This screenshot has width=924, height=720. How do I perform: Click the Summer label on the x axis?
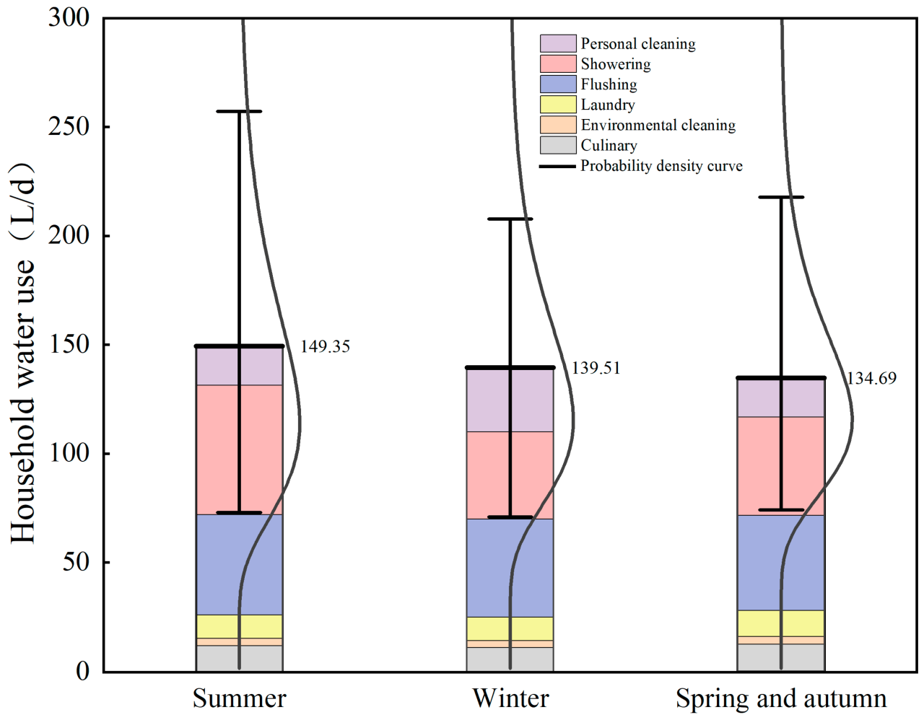pos(239,698)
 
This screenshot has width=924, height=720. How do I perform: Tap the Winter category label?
pos(510,698)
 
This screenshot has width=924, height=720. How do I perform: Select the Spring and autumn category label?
pos(781,698)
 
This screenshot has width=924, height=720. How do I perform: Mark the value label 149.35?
pos(325,346)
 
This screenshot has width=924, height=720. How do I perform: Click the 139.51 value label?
pos(596,368)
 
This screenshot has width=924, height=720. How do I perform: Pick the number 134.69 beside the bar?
pos(871,378)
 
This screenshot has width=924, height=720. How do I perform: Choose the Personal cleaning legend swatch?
pos(558,43)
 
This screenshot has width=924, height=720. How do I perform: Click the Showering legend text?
pos(615,64)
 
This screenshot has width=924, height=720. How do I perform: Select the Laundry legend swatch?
pos(558,105)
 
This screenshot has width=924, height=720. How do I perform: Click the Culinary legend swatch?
pos(558,145)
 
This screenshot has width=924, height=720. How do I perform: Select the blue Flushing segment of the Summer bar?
pos(217,564)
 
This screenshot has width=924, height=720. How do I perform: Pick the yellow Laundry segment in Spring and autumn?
pos(758,623)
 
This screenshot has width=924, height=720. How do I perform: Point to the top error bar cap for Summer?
pos(239,111)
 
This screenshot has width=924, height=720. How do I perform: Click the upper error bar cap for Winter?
pos(510,219)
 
